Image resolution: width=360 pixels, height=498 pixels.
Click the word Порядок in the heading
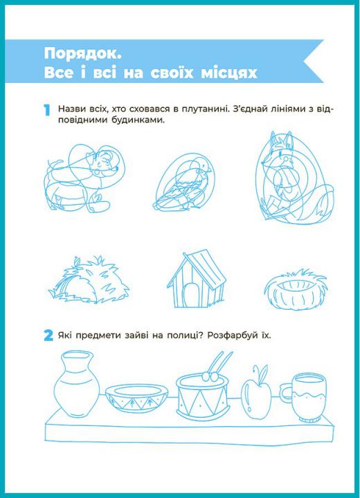(x=82, y=54)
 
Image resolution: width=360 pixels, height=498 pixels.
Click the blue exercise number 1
(x=47, y=110)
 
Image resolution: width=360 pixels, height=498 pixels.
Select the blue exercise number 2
(x=48, y=335)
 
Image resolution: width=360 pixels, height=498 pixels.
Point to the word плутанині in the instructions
(x=204, y=109)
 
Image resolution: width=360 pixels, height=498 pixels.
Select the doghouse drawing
(x=197, y=279)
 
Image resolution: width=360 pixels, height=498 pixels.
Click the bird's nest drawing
(x=296, y=289)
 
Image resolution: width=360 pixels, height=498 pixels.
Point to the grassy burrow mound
(x=89, y=280)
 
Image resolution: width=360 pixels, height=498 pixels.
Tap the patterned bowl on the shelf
(x=136, y=398)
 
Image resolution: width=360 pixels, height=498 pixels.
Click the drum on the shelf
(x=203, y=394)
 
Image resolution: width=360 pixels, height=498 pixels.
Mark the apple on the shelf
(x=256, y=397)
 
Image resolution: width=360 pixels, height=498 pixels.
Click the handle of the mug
(x=286, y=393)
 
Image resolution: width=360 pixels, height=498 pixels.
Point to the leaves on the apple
(x=260, y=374)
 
